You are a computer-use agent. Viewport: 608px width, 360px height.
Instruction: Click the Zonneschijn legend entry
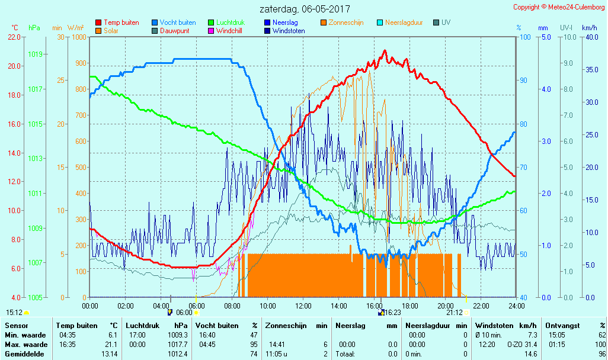tap(345, 22)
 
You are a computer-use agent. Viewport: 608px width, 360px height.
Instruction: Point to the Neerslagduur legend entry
tap(404, 22)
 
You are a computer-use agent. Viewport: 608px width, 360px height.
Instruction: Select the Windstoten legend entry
tap(289, 31)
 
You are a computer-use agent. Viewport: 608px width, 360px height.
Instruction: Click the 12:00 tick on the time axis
tap(303, 306)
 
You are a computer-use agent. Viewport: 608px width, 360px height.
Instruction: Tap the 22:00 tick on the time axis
tap(481, 306)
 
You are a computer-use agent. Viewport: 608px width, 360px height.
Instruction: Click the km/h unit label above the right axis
tap(589, 28)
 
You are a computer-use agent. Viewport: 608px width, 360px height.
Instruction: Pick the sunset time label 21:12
tap(455, 313)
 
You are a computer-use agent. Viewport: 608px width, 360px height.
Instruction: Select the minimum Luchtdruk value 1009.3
tap(178, 335)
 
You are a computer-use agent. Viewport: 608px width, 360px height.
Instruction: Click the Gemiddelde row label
tap(25, 354)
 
